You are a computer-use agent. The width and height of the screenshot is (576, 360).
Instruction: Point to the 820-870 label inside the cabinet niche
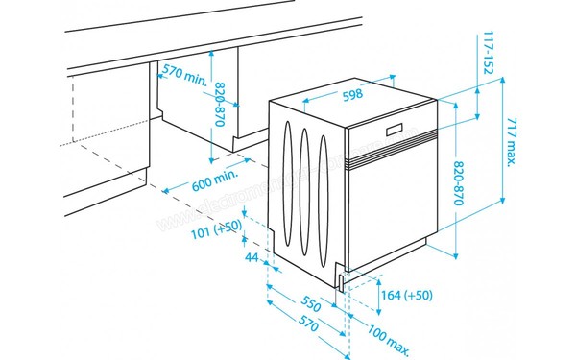tap(221, 107)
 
